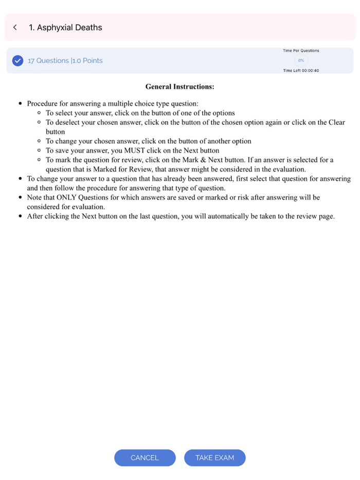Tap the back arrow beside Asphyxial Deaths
[x=15, y=27]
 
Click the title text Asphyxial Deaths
[x=65, y=27]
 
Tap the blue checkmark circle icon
[x=17, y=61]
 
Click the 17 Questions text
[x=48, y=61]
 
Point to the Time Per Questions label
[x=301, y=51]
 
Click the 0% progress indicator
[x=301, y=61]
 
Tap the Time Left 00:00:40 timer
[x=301, y=70]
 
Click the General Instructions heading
[x=179, y=87]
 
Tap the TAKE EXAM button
[x=214, y=457]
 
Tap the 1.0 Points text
[x=87, y=61]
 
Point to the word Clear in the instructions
[x=335, y=122]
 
